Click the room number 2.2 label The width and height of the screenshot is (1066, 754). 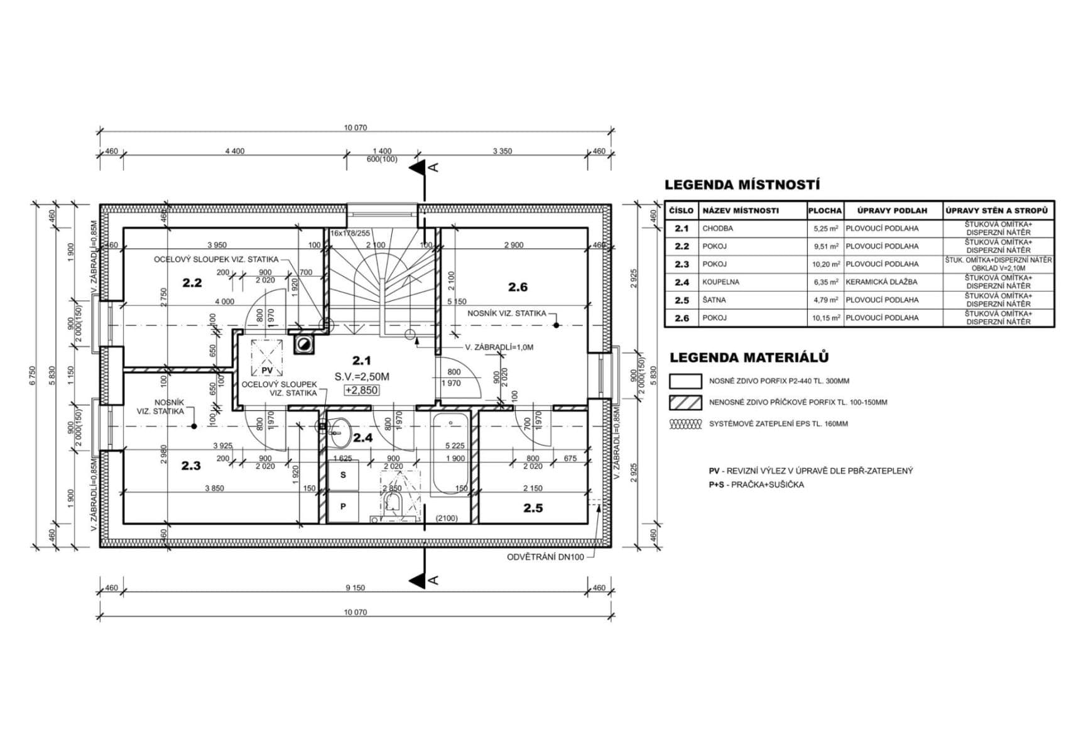coord(192,283)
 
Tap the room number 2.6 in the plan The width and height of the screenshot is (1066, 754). coord(518,287)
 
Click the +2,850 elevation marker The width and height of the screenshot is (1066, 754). coord(361,390)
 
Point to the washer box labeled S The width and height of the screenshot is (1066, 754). coord(343,475)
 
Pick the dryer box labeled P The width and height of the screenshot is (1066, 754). coord(343,506)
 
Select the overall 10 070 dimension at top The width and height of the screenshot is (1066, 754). coord(355,128)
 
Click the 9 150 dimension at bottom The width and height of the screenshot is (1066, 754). coord(355,588)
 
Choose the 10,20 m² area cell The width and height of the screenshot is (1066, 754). coord(825,265)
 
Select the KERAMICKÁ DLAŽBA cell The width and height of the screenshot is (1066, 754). coord(881,282)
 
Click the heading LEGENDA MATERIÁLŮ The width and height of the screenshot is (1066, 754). coord(749,358)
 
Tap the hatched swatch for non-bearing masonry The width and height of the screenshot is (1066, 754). coord(685,402)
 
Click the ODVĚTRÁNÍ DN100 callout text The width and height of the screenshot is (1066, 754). coord(545,557)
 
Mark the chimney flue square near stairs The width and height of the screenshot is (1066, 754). coord(304,343)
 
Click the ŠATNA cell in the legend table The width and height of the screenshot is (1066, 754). coord(714,300)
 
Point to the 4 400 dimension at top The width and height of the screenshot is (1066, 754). coord(234,151)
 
